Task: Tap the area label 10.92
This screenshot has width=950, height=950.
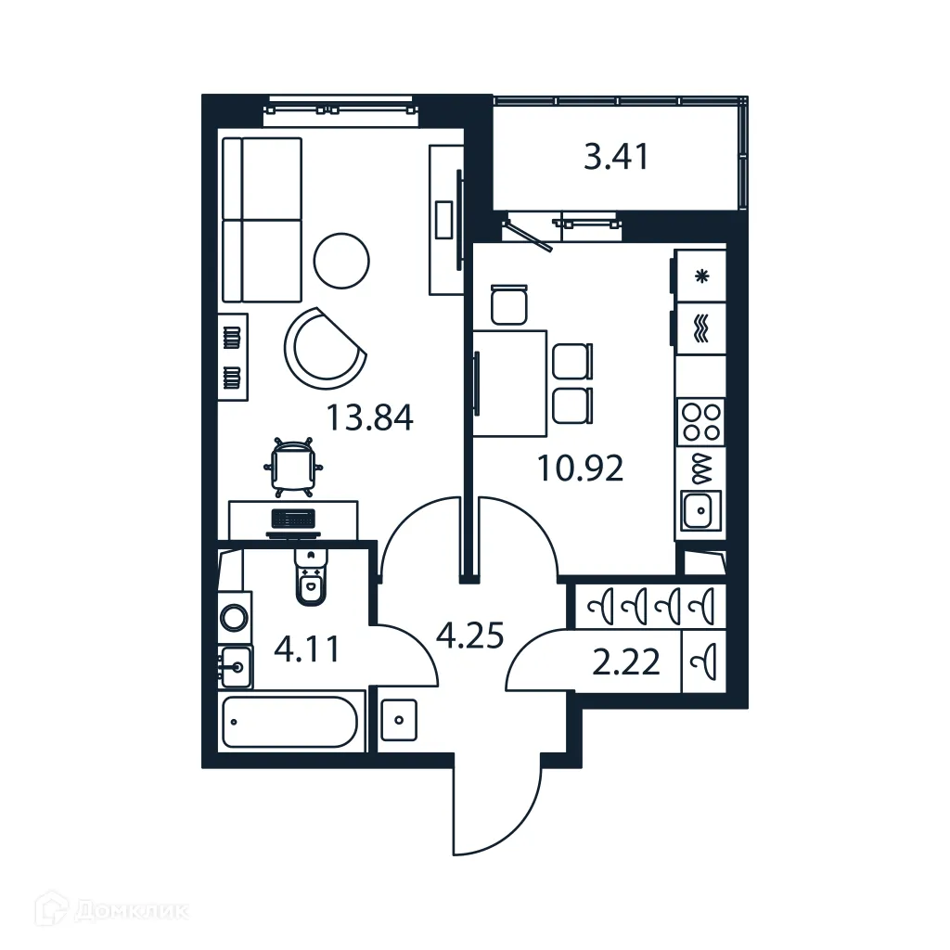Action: tap(581, 469)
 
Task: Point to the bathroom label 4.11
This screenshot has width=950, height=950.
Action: tap(306, 648)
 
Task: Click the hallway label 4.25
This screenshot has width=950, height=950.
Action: tap(469, 635)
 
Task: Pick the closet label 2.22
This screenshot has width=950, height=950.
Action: tap(628, 663)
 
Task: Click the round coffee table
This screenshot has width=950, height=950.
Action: tap(341, 261)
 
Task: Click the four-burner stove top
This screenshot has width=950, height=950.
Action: tap(700, 421)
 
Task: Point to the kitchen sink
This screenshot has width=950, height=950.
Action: tap(700, 509)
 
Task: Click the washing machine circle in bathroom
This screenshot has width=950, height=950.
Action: tap(235, 617)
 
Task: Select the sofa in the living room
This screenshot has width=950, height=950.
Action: tap(263, 220)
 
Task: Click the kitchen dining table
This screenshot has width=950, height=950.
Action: tap(510, 382)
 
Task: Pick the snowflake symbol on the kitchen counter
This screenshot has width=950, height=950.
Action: tap(701, 276)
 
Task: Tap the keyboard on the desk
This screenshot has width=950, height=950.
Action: tap(293, 519)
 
